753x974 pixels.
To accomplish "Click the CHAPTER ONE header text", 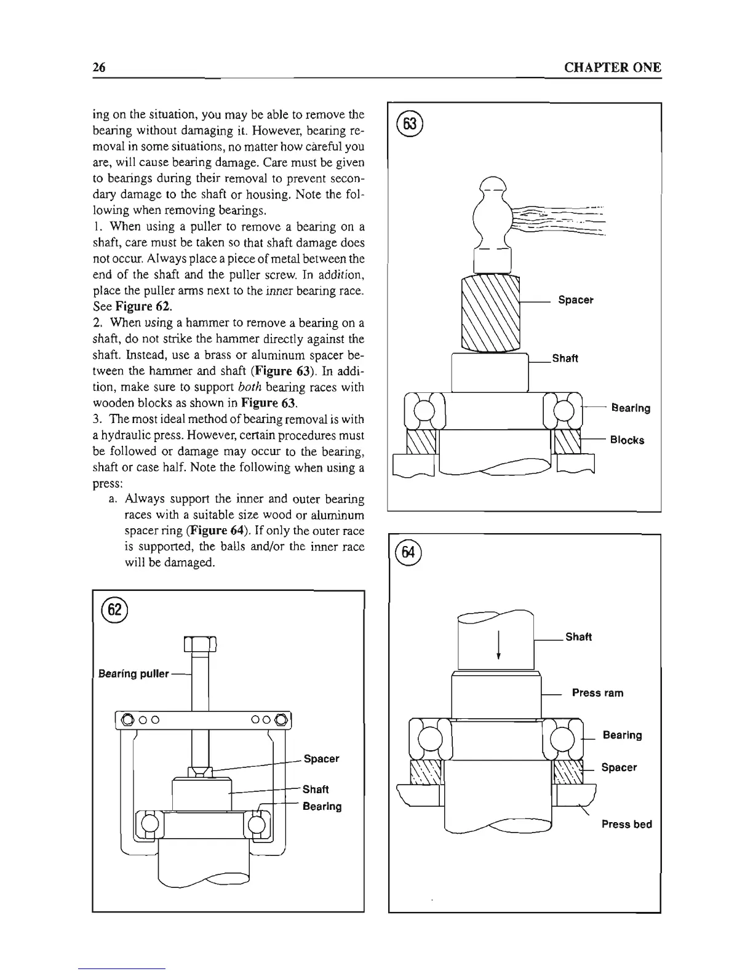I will click(x=612, y=68).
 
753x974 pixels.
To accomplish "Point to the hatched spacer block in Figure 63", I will click(x=490, y=314).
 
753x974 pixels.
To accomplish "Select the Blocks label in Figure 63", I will click(x=627, y=440).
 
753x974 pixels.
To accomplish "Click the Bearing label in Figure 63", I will click(x=630, y=408).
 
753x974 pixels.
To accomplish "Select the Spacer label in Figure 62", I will click(x=322, y=759).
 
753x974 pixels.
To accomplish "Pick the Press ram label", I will click(x=597, y=693).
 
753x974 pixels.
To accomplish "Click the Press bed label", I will click(x=626, y=824).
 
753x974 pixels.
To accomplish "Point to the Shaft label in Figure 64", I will click(x=578, y=637).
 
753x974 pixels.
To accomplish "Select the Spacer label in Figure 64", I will click(x=619, y=767).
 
